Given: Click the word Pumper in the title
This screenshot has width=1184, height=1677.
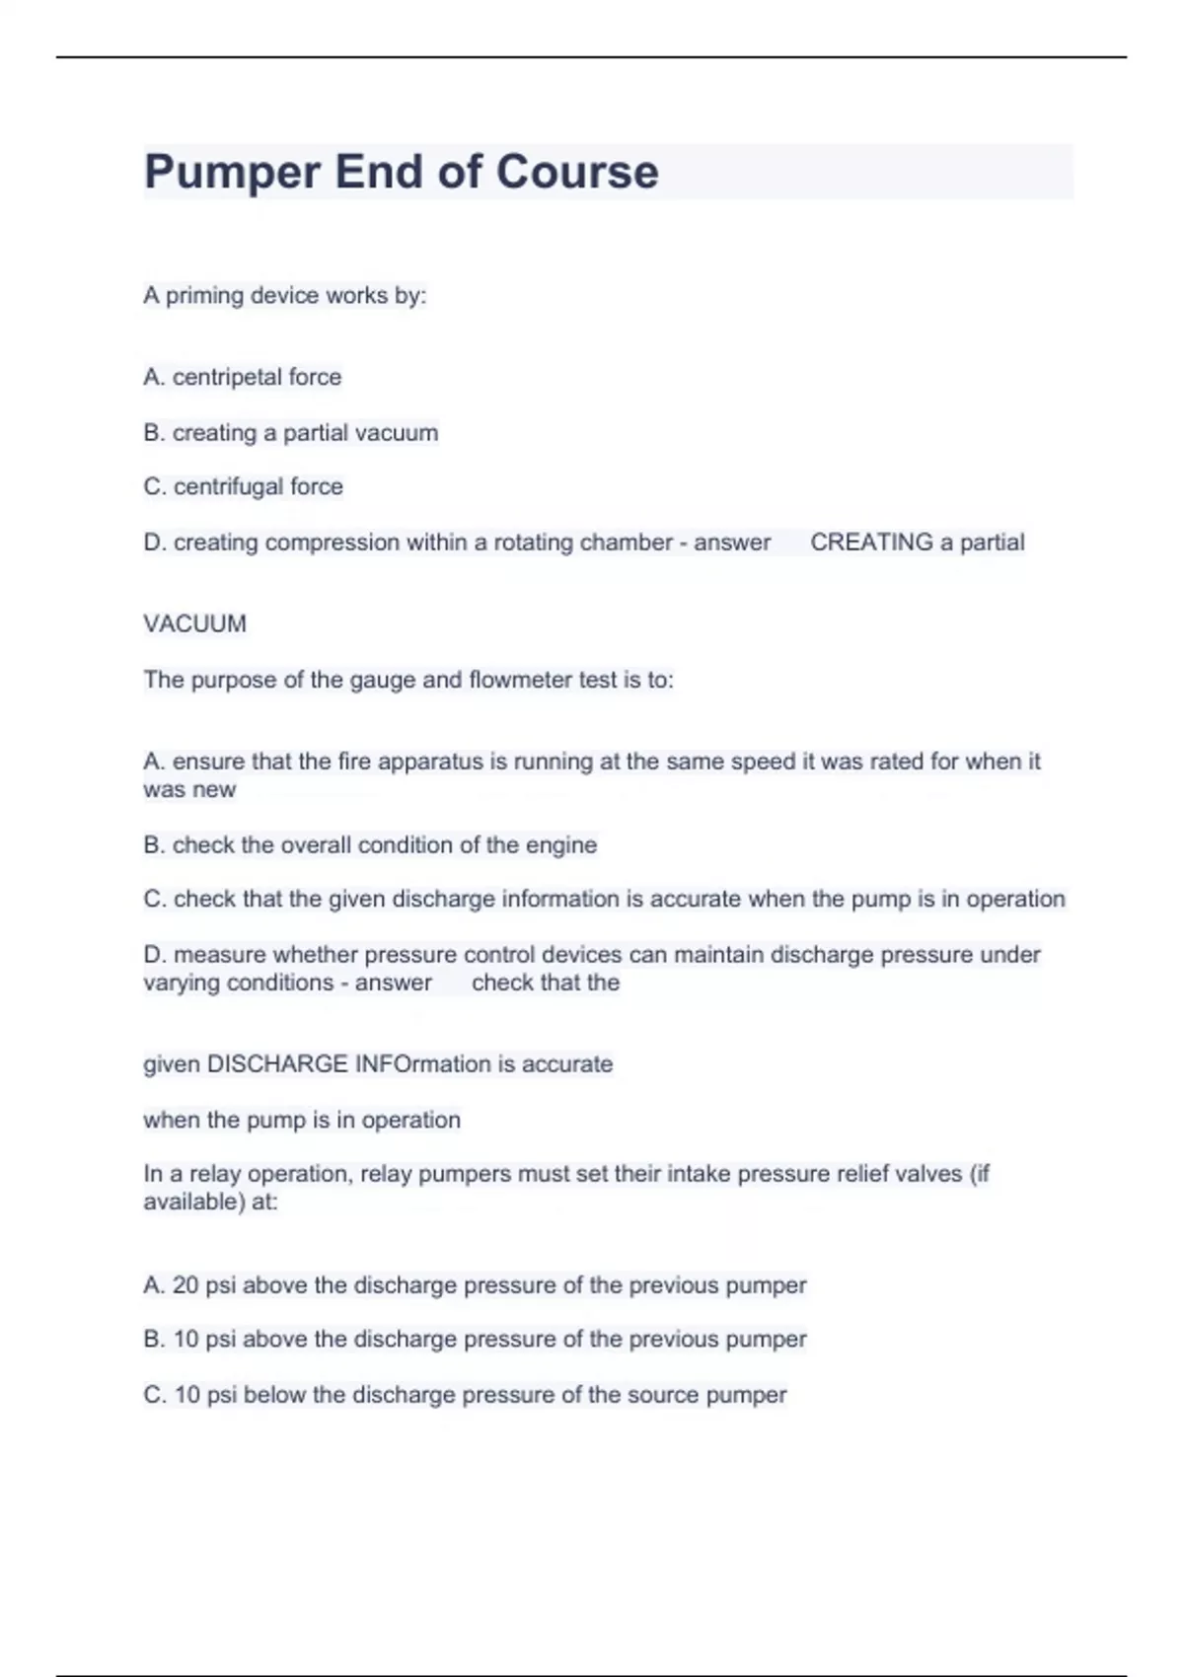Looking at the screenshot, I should [233, 172].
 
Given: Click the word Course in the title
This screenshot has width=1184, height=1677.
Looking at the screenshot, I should [577, 172].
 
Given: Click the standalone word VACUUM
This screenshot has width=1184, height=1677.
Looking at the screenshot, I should [194, 623].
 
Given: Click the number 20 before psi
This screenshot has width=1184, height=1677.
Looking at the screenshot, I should [185, 1285].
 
